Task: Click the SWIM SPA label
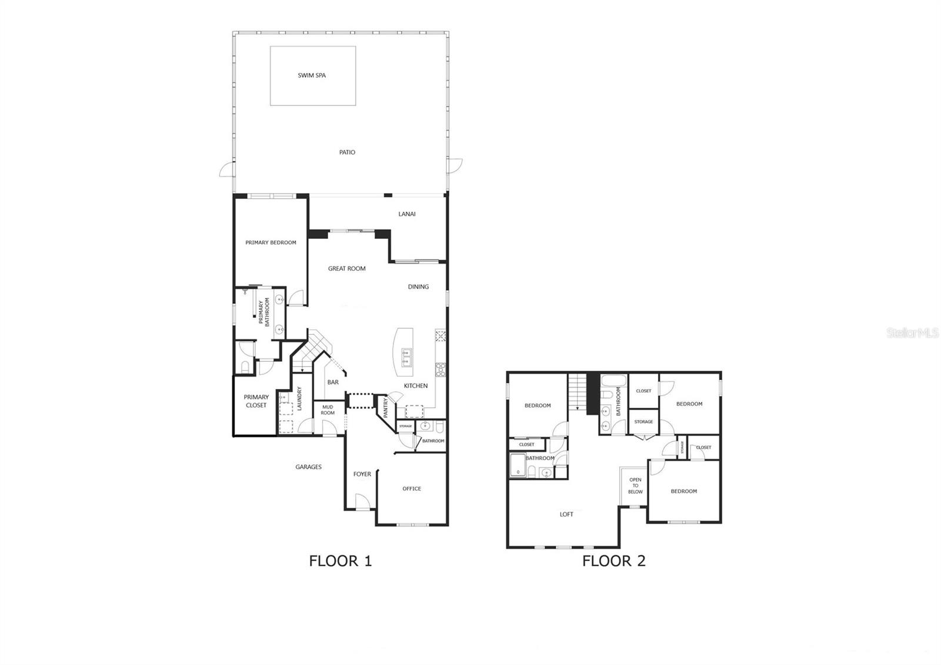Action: (312, 75)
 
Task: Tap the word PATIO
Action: (347, 152)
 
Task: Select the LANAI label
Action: (407, 214)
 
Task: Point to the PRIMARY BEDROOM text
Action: (271, 242)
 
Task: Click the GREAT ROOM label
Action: (347, 269)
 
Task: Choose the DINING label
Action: (418, 287)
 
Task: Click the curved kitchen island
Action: (404, 354)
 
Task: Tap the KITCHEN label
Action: (416, 386)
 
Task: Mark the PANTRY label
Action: (386, 408)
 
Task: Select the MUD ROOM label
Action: (328, 410)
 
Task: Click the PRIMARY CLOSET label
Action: (256, 401)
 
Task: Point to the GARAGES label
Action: (308, 467)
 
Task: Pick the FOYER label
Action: (362, 474)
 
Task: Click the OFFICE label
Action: (412, 489)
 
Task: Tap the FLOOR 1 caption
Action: (341, 561)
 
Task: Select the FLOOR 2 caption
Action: (613, 561)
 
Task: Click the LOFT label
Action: (566, 514)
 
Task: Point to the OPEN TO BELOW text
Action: (635, 486)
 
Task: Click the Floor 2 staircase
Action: (577, 393)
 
